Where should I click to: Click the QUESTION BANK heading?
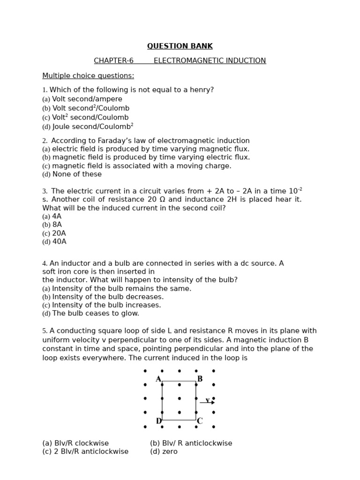point(180,46)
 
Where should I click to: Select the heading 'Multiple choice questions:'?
point(88,76)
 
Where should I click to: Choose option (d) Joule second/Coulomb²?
point(88,127)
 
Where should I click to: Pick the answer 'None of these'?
point(77,174)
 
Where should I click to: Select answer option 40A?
point(59,242)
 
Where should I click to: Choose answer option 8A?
point(57,225)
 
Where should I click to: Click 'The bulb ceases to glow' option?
point(95,314)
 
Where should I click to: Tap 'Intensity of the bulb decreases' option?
point(107,297)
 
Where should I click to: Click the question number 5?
point(45,331)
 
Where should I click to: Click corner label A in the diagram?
point(158,379)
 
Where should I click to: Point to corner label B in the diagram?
point(200,379)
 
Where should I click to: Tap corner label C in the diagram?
point(199,421)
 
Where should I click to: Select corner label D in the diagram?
point(158,421)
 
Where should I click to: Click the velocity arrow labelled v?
point(207,402)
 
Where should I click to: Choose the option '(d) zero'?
point(164,452)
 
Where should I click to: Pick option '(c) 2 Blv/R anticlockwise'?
point(85,452)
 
